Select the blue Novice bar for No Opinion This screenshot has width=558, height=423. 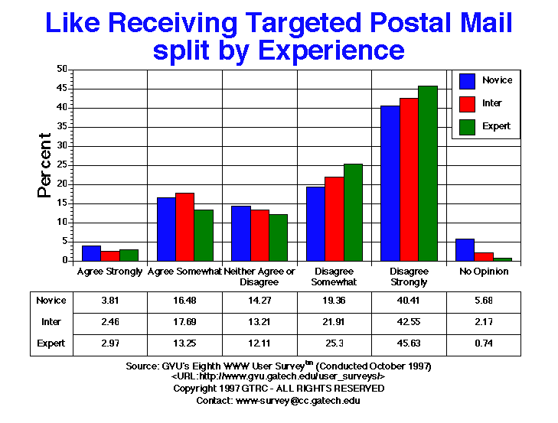coord(465,249)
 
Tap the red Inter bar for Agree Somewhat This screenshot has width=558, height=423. coord(184,226)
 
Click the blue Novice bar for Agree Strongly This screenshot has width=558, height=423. coord(91,253)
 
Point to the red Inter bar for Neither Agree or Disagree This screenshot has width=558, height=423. coord(259,235)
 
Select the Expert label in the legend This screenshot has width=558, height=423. coord(497,126)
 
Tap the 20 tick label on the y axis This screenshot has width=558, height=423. coord(62,184)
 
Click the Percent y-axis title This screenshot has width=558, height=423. coord(45,165)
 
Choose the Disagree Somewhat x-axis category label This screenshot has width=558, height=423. coord(334,277)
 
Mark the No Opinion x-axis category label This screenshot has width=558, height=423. coord(484,272)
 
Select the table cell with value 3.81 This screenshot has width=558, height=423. coord(109,301)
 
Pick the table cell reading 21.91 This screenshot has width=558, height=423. coord(334,322)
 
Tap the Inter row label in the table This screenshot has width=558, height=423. coord(51,322)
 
